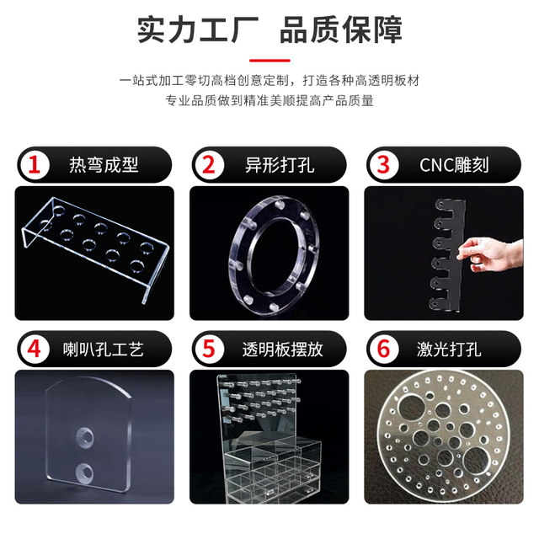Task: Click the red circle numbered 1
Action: [35, 164]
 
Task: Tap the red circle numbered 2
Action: [208, 164]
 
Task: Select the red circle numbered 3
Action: [383, 164]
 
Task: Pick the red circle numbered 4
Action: [35, 348]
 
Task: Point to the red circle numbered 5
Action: [208, 348]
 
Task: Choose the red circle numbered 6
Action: [383, 348]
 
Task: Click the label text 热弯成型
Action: [104, 164]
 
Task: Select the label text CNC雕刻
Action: [453, 164]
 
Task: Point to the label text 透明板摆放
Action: [282, 348]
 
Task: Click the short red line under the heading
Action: [269, 61]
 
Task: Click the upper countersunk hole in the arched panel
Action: [86, 437]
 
